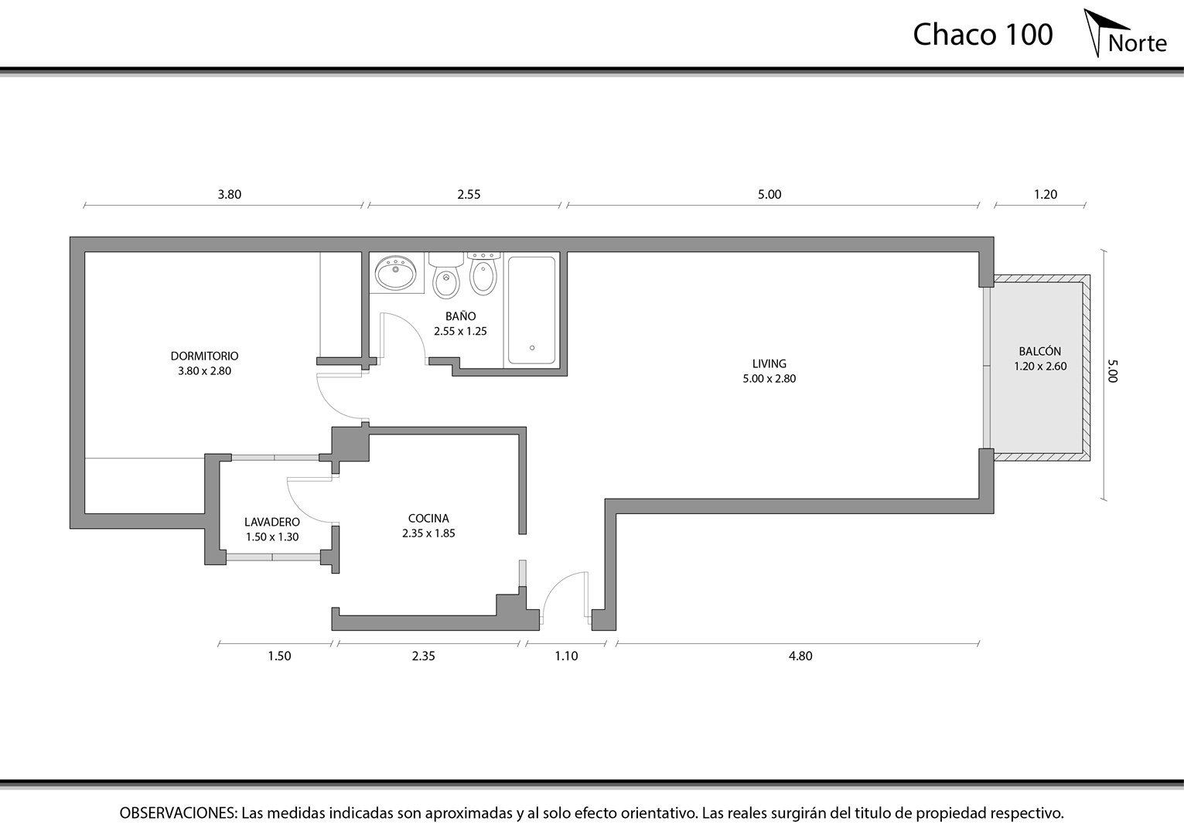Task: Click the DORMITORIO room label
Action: coord(204,356)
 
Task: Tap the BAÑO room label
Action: coord(460,316)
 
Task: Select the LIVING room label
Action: coord(769,363)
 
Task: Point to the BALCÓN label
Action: coord(1039,351)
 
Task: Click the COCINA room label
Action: coord(428,519)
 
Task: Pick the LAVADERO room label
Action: coord(271,522)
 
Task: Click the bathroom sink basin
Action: coord(395,273)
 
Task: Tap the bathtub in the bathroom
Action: coord(532,310)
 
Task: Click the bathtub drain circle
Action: coord(532,348)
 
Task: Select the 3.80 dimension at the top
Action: coord(230,195)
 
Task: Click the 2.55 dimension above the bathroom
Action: coord(469,195)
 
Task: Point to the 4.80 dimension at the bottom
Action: coord(800,656)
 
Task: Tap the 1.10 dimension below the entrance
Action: coord(566,656)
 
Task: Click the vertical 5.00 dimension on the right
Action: coord(1113,371)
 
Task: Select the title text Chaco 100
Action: coord(983,35)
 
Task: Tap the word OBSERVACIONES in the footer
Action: coord(178,813)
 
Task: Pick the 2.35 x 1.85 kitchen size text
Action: coord(428,533)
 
